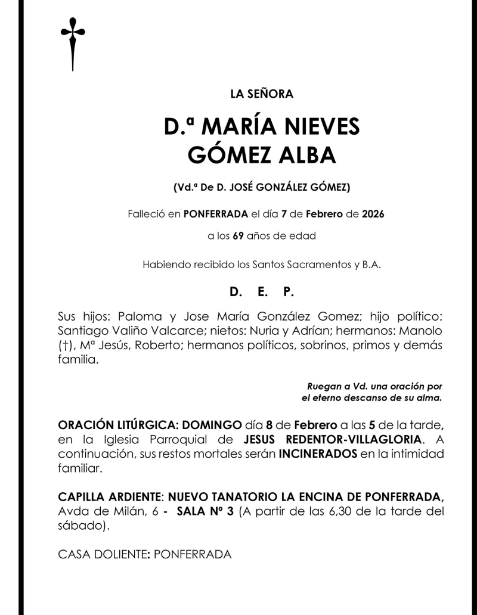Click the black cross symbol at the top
coord(73,42)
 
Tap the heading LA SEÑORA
coord(262,94)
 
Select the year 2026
coord(373,213)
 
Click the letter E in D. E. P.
coord(262,292)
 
